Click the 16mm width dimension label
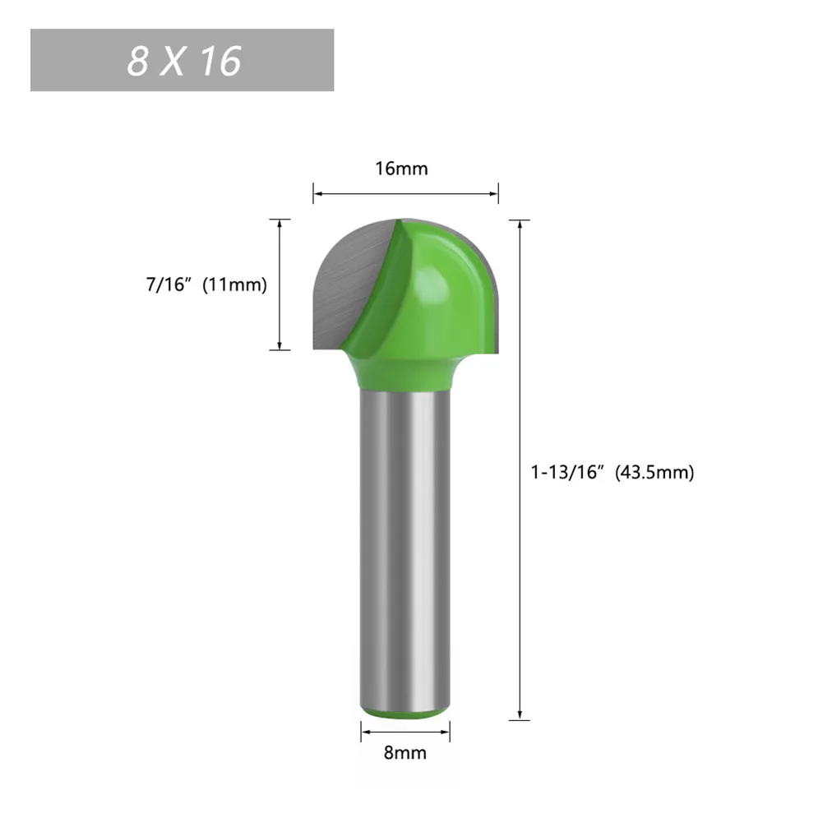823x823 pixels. pos(402,169)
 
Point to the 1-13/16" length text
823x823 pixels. pos(568,473)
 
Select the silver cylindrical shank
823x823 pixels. pos(406,543)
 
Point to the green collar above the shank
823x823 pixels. pos(406,374)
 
